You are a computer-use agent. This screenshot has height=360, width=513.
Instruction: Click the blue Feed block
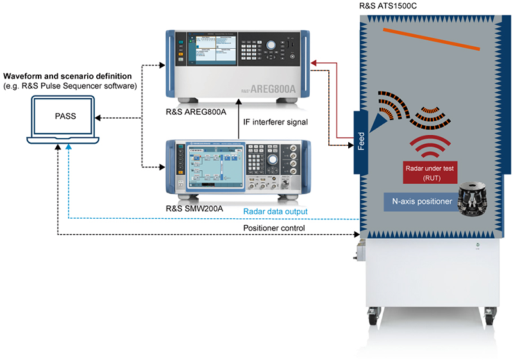[360, 141]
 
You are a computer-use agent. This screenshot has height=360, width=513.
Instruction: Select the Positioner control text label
[274, 228]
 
